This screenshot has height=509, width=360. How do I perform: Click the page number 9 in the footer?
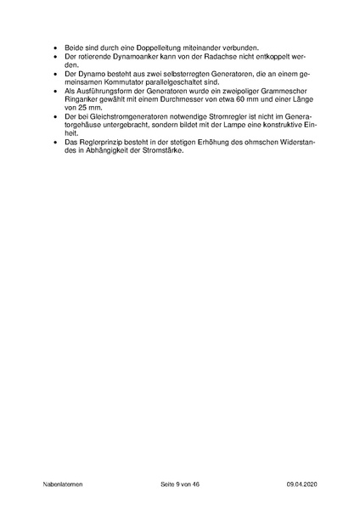pyautogui.click(x=174, y=484)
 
